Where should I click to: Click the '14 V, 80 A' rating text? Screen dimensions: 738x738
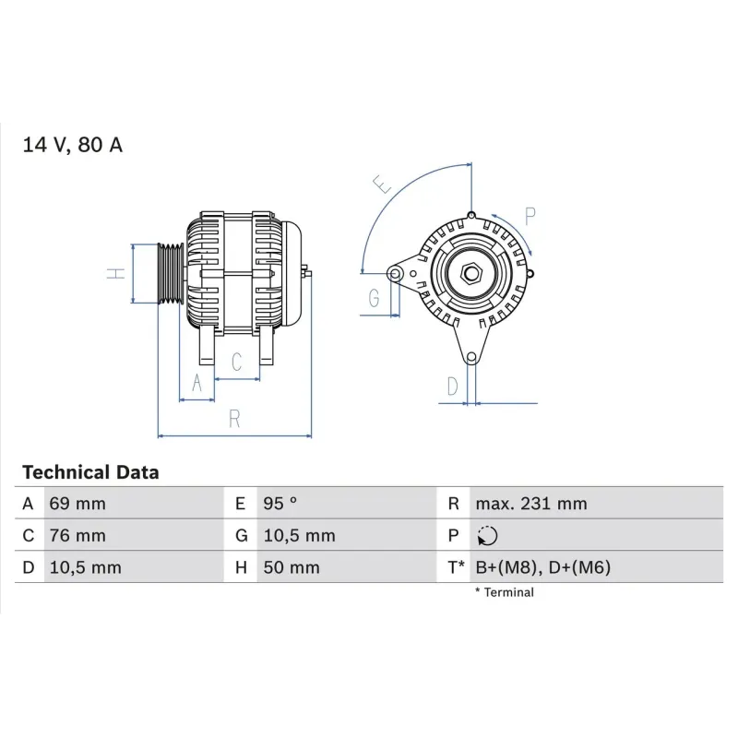pos(72,145)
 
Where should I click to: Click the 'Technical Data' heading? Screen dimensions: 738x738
pos(90,472)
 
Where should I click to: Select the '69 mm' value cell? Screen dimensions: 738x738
pos(77,504)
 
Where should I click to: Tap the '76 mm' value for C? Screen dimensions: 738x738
pos(77,536)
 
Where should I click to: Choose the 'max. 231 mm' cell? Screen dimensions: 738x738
pos(530,504)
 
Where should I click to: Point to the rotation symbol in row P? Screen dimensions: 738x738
pos(488,536)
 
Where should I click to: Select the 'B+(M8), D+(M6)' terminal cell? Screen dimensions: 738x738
pos(543,567)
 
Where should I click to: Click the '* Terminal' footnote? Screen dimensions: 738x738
pos(504,592)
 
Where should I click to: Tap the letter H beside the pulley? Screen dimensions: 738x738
pos(113,274)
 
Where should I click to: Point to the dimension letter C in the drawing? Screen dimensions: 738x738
pos(236,363)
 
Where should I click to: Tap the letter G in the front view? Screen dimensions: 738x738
pos(374,298)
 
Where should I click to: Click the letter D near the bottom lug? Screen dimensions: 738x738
pos(452,387)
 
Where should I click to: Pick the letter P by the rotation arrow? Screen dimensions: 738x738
pos(530,217)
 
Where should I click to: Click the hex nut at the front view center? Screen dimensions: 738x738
pos(470,274)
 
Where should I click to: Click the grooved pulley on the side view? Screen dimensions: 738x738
pos(170,274)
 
